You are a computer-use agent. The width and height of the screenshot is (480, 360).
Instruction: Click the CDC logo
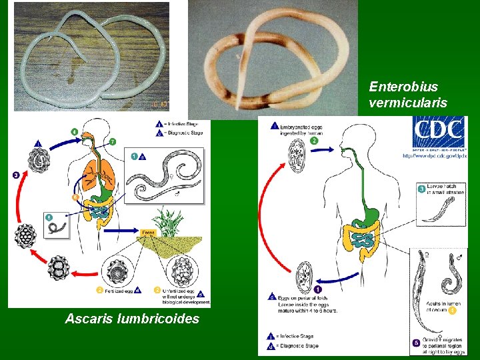439,133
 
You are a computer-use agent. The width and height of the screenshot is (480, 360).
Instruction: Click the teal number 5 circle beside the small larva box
49,217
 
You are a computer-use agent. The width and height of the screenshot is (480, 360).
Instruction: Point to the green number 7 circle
113,141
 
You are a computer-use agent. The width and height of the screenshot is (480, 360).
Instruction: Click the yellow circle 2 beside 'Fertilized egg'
99,290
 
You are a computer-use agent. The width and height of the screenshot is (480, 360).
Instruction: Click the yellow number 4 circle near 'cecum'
452,310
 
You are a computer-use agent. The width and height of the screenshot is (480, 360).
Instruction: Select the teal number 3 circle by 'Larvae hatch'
421,189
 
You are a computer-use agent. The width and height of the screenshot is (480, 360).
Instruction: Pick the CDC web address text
434,156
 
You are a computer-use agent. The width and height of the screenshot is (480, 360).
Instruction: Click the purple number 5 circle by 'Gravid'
417,343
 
